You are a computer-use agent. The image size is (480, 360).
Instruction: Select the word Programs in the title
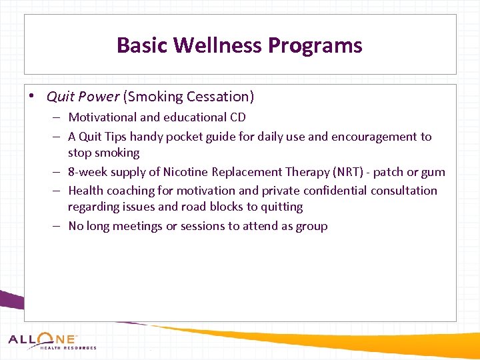(315, 45)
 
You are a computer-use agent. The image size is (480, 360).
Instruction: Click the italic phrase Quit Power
(83, 97)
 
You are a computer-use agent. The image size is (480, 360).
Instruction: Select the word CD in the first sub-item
(237, 117)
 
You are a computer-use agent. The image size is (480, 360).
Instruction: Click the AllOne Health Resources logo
(52, 341)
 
